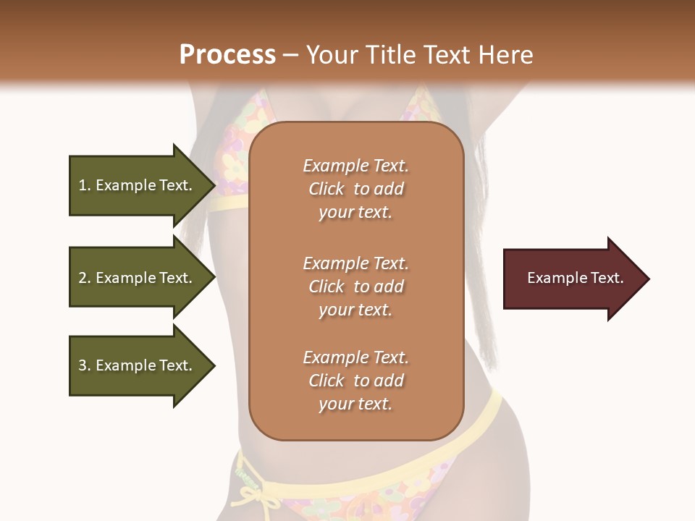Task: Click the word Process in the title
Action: (227, 54)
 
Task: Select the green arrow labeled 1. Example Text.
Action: (138, 185)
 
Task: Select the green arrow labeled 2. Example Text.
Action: (138, 278)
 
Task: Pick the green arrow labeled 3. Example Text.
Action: (138, 365)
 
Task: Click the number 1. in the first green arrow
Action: (85, 185)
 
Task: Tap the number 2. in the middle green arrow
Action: (85, 278)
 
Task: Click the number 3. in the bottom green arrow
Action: (85, 365)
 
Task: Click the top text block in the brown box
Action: (355, 189)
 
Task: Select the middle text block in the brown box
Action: (355, 287)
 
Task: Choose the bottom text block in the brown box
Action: (355, 381)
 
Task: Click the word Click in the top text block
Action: (327, 189)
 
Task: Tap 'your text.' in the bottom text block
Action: (355, 404)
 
